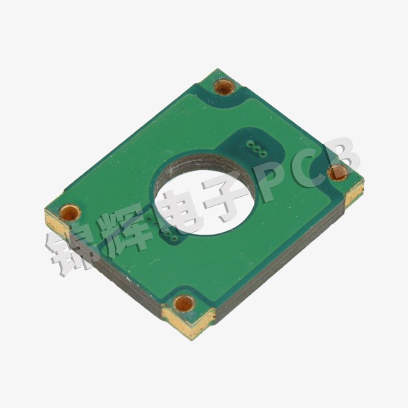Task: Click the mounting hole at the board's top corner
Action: [x=224, y=87]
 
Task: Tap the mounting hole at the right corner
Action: [x=337, y=173]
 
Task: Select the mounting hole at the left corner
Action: [x=70, y=213]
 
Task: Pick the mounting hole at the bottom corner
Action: [x=184, y=303]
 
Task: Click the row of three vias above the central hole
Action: [x=256, y=149]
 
